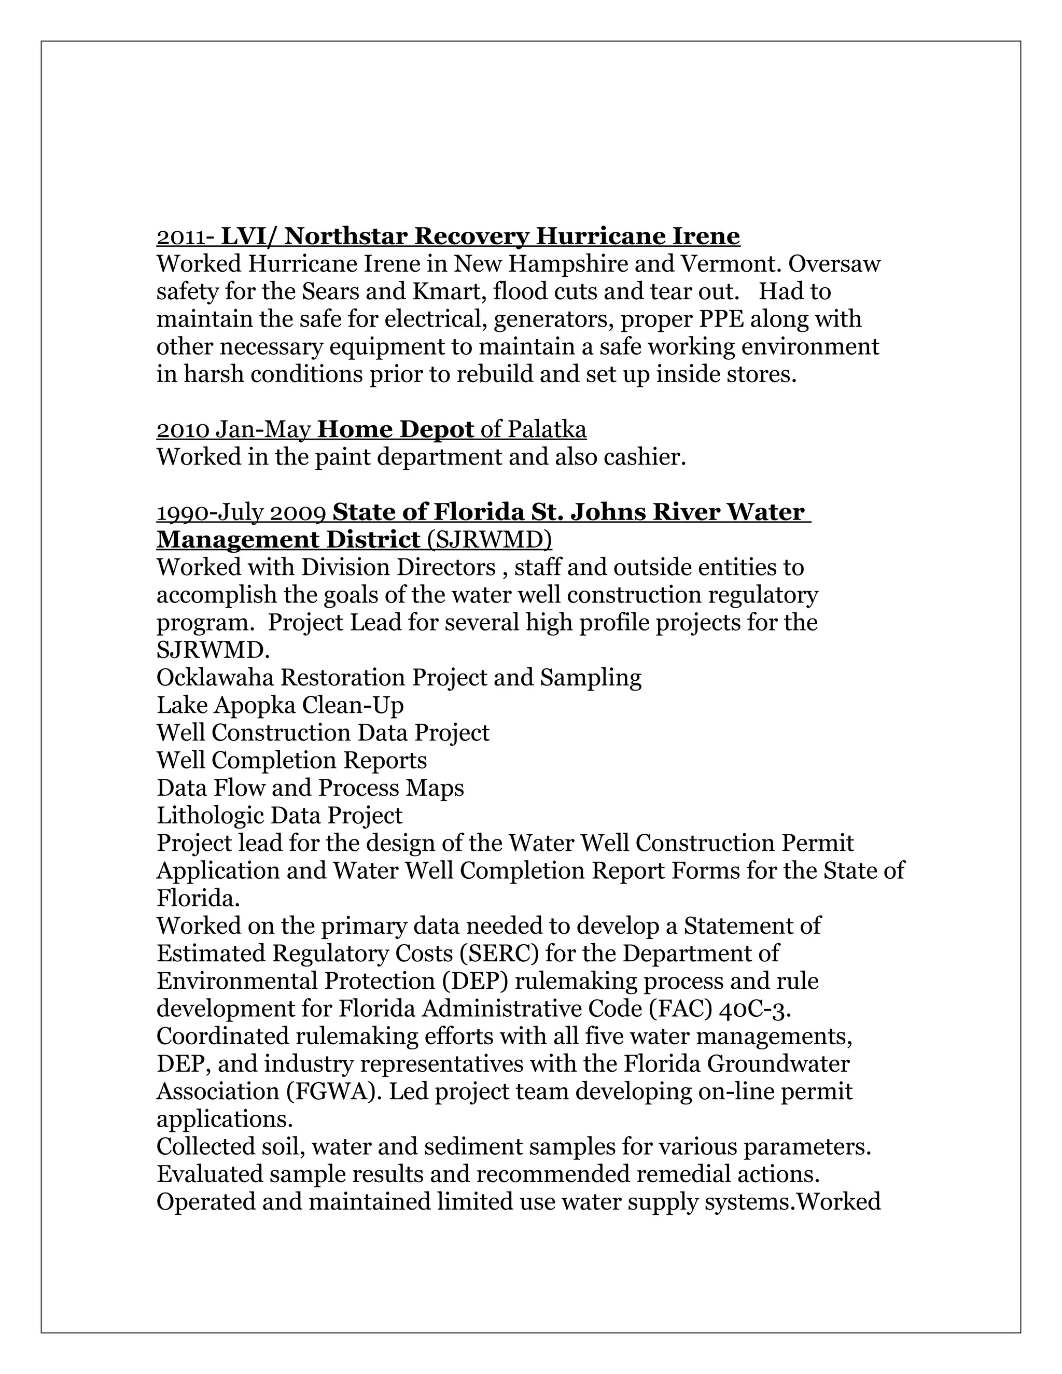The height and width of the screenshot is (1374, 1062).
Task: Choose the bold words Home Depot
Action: [396, 430]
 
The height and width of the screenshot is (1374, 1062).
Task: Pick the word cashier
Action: [644, 457]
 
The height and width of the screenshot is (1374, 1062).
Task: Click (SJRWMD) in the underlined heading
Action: [489, 540]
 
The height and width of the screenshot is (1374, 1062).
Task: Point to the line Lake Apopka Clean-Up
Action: [280, 706]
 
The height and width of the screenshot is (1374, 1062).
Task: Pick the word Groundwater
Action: [778, 1064]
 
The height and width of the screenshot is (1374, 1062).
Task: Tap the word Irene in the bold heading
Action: [707, 236]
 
